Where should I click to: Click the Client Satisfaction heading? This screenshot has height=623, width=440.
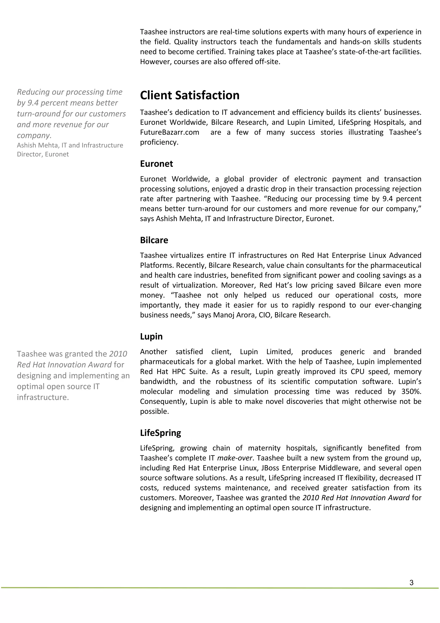(189, 95)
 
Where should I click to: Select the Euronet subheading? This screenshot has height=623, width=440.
(156, 164)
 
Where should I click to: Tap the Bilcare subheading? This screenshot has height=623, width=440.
(154, 240)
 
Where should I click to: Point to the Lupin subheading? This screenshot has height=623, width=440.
(151, 336)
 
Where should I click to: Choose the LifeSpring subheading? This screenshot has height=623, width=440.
(160, 433)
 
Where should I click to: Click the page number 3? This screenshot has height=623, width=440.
(411, 583)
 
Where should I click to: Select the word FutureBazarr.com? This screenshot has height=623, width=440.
(170, 132)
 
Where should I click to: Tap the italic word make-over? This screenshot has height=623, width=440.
(235, 458)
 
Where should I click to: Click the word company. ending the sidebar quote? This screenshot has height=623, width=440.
(34, 135)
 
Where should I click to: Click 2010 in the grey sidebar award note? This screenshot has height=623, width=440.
(118, 354)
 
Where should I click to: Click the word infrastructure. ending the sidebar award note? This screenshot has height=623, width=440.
(43, 397)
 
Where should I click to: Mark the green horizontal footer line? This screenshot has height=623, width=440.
(220, 588)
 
